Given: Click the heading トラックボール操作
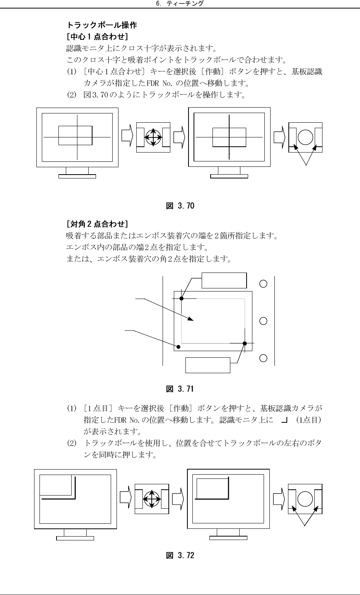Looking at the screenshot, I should click(101, 26).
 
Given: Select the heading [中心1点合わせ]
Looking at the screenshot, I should click(97, 37).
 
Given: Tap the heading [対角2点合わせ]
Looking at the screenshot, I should click(97, 224).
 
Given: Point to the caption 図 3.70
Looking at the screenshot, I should click(180, 206).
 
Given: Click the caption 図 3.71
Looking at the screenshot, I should click(180, 389).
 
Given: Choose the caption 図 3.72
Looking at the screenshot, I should click(180, 556).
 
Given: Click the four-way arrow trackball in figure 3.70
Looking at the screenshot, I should click(153, 137).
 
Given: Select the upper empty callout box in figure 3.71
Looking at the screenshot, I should click(224, 280).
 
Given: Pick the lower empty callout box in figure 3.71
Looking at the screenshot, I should click(208, 365).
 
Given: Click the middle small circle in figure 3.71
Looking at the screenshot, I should click(263, 321).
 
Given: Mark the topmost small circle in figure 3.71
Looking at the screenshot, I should click(263, 283).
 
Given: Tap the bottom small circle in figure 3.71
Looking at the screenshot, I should click(263, 358).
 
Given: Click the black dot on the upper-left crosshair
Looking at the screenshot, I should click(181, 298).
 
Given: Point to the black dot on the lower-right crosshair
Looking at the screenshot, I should click(245, 343).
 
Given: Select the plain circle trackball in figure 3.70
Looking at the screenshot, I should click(305, 137).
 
